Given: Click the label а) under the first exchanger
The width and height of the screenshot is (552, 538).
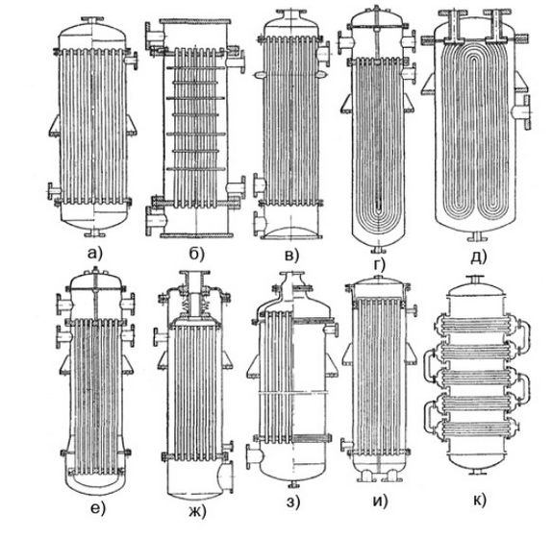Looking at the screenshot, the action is click(x=94, y=254).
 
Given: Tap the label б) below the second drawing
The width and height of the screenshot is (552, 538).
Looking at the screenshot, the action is click(x=196, y=254).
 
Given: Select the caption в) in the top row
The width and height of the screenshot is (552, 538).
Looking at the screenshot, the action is click(x=291, y=255).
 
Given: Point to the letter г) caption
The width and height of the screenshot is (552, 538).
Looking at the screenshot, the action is click(x=379, y=264).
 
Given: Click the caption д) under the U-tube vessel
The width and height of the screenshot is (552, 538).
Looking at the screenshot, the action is click(x=478, y=257).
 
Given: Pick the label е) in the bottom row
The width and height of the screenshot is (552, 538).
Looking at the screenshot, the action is click(x=98, y=507).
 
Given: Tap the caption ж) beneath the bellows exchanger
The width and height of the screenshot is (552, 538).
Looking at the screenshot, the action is click(x=197, y=511).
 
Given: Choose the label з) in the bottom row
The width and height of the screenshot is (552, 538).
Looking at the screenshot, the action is click(x=293, y=502).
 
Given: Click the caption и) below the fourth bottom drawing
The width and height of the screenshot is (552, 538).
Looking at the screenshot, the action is click(x=380, y=501).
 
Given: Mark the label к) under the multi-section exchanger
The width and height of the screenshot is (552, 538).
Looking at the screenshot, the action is click(x=480, y=500).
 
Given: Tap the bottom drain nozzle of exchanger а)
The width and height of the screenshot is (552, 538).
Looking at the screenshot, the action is click(x=93, y=232).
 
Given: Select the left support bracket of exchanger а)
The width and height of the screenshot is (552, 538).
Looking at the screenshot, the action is click(x=54, y=125).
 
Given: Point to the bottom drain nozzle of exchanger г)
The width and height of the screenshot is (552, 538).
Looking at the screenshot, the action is click(x=379, y=249).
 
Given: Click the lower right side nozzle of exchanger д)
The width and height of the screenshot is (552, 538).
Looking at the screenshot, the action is click(x=522, y=112).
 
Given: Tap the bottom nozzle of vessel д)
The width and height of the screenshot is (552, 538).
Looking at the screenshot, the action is click(x=478, y=236).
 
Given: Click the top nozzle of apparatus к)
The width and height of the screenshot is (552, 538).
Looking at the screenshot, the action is click(x=474, y=280).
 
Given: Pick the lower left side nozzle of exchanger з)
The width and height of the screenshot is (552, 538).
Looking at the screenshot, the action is click(x=254, y=456).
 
